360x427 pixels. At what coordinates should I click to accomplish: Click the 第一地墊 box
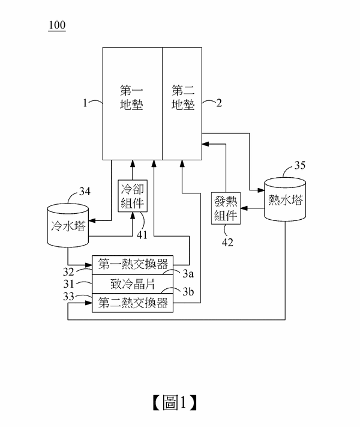[133, 102]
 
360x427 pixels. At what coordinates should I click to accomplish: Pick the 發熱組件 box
[227, 208]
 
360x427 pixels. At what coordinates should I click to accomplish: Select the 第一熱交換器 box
[132, 264]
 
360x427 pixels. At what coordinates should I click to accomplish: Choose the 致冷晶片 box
[132, 283]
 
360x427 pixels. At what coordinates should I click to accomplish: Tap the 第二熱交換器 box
[132, 303]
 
